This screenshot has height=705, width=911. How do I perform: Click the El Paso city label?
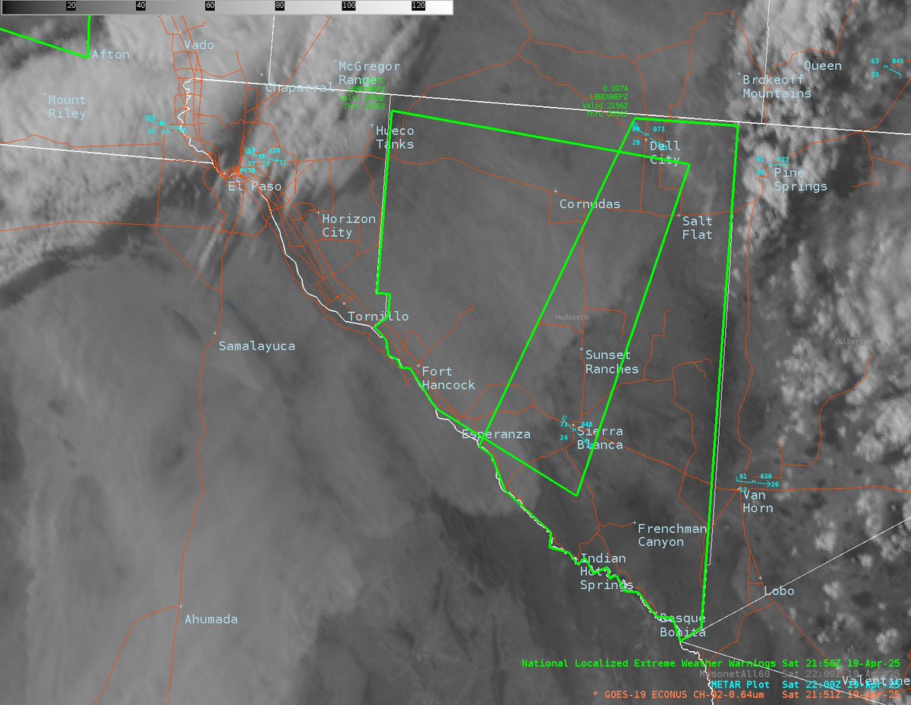pos(255,186)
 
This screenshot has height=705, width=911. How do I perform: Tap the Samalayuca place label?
pos(257,346)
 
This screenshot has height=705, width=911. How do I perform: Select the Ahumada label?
pos(211,619)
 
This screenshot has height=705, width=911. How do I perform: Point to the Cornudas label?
pos(589,204)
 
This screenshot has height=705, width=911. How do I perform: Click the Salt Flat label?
pos(697,228)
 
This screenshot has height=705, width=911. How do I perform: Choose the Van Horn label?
pos(758,501)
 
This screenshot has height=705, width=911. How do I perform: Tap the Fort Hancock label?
pos(448,378)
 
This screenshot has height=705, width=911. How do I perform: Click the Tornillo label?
pos(378,316)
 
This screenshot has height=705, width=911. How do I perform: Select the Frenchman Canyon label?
pos(672,535)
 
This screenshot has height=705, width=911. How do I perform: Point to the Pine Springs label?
pos(800,180)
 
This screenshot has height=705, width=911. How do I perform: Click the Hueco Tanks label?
pos(396,137)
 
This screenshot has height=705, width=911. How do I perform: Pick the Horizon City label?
pos(348,225)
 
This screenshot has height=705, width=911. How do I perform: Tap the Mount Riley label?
pos(67,107)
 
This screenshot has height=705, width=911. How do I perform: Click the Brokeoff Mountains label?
pos(777,87)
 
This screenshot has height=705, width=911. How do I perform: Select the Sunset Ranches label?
pos(612,362)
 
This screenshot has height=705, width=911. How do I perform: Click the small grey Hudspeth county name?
pos(572,318)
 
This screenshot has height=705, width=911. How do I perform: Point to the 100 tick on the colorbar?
pos(348,5)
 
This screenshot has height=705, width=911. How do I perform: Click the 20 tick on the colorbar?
pos(70,5)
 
